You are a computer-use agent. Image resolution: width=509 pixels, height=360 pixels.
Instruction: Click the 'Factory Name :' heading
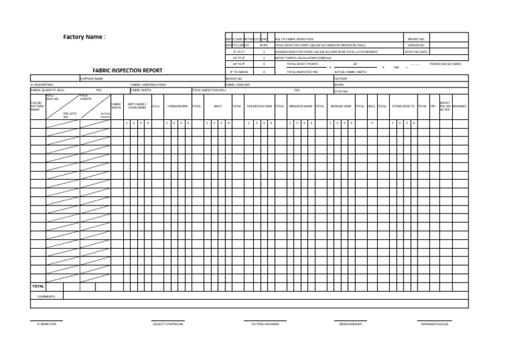(x=84, y=37)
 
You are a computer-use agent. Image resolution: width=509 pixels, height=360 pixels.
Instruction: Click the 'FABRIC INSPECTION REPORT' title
(x=127, y=70)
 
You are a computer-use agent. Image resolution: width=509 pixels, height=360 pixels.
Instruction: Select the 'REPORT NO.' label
(x=416, y=39)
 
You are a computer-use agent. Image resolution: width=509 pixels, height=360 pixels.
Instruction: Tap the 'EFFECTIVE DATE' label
(x=416, y=52)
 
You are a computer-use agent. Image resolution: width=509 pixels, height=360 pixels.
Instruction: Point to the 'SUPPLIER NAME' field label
(x=91, y=78)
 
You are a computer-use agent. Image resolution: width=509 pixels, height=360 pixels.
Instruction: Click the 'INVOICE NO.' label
(x=234, y=78)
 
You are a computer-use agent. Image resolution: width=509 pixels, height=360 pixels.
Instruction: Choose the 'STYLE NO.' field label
(x=341, y=91)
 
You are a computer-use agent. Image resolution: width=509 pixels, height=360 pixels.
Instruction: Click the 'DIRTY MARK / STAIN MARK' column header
(x=137, y=106)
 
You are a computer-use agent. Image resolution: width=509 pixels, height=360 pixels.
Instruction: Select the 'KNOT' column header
(x=217, y=106)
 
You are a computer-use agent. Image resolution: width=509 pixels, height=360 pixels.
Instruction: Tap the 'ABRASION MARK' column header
(x=301, y=106)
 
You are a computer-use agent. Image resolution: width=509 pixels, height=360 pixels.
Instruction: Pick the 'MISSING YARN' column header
(x=341, y=106)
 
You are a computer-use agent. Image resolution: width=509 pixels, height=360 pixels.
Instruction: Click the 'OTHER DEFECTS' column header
(x=403, y=106)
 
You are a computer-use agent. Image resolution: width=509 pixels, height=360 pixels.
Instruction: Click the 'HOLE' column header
(x=371, y=106)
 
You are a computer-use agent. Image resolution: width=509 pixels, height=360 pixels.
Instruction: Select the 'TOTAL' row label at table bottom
(x=38, y=286)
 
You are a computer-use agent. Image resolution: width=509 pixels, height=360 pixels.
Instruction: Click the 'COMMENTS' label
(x=46, y=296)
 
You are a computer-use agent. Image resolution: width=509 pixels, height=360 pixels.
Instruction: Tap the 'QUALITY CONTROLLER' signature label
(x=168, y=324)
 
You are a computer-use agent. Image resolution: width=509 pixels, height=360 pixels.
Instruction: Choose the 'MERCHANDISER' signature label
(x=351, y=324)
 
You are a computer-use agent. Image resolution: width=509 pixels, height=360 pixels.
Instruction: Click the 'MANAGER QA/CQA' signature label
(x=435, y=324)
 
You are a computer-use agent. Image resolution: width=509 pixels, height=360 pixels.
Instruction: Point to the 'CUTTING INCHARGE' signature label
(x=265, y=324)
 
